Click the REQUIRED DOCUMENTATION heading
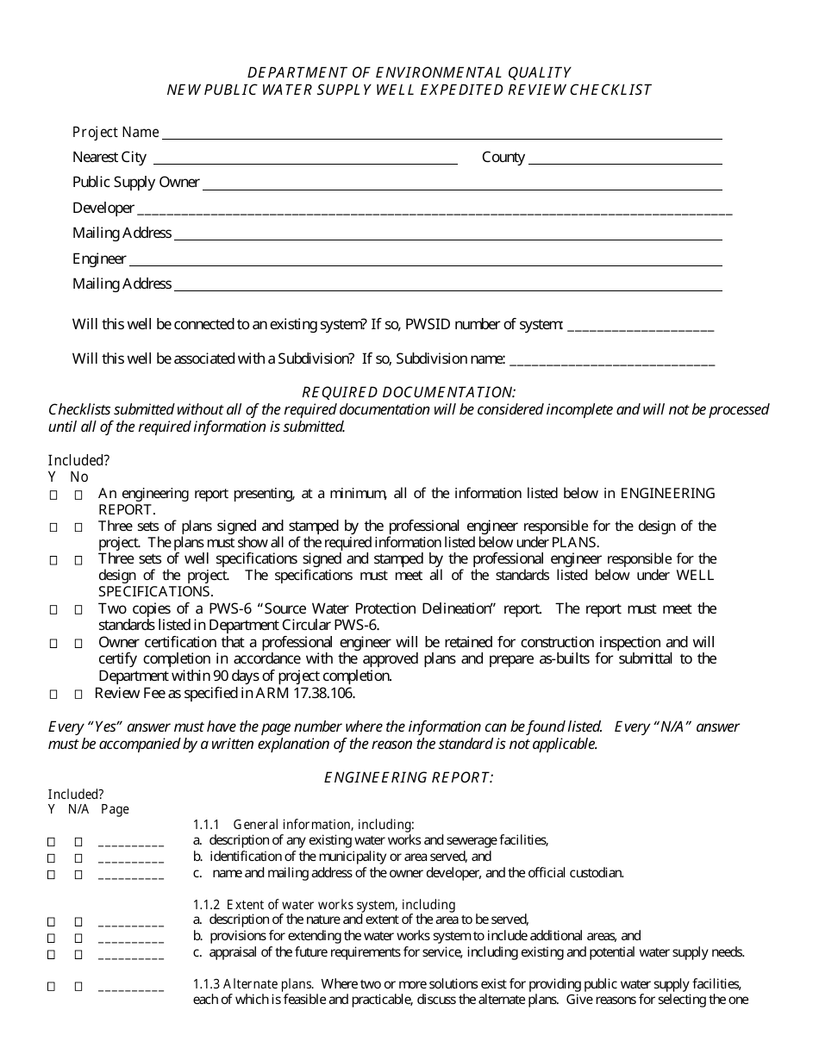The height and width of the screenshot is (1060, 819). [409, 392]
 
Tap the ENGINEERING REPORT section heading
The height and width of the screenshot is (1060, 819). [409, 777]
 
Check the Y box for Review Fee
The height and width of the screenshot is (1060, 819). [53, 694]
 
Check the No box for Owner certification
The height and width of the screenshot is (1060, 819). [78, 643]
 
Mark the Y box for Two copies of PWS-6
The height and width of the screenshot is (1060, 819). [53, 609]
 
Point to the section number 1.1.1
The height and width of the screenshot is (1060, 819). [208, 824]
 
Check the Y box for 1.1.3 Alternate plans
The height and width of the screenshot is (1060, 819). [52, 986]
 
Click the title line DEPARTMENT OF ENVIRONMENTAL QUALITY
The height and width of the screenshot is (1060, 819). [409, 72]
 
